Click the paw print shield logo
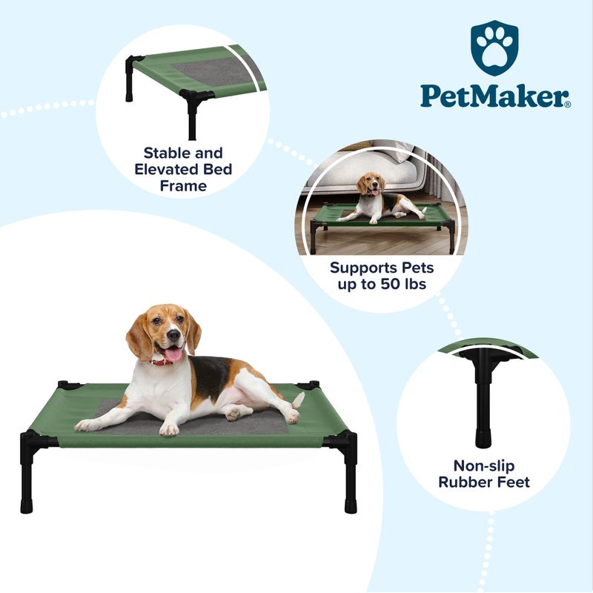click(495, 48)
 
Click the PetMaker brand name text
click(494, 95)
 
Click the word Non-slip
click(483, 466)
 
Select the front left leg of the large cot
click(27, 474)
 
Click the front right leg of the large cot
click(350, 474)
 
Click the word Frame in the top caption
click(183, 186)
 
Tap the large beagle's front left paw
click(87, 425)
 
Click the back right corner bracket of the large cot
click(308, 385)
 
